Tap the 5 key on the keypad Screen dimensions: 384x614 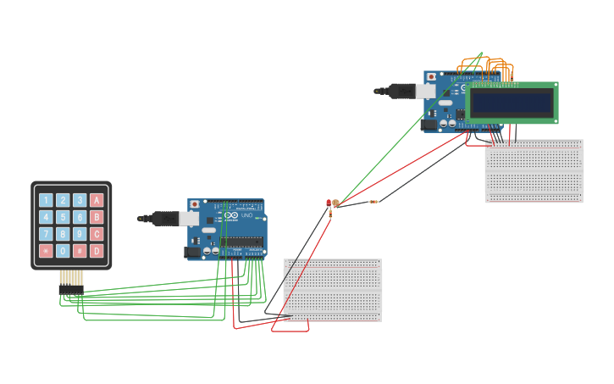(63, 217)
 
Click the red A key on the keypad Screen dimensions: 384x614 (97, 200)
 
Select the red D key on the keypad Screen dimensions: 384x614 (97, 251)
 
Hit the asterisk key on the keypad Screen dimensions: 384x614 (46, 251)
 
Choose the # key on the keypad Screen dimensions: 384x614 (80, 251)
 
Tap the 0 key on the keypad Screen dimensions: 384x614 (63, 251)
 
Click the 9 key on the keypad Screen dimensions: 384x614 (80, 234)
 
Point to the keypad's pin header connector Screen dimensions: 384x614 (71, 289)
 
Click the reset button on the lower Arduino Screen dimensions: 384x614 (195, 204)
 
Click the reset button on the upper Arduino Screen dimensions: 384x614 (431, 76)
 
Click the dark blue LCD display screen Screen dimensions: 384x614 (512, 103)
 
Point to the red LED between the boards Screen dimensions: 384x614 (329, 202)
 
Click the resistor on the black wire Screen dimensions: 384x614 (373, 202)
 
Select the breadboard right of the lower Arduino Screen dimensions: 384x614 (332, 290)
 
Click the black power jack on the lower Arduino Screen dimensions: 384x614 (193, 252)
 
